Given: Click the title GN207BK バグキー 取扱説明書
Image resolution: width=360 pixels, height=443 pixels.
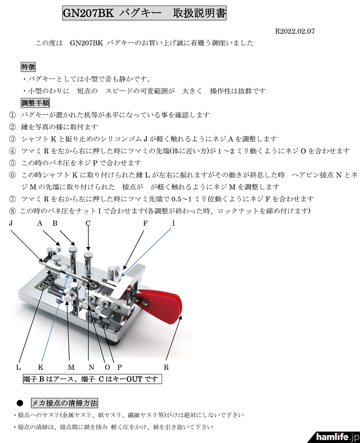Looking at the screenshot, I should [x=144, y=13].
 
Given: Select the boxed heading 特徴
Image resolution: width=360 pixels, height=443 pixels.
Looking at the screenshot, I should [x=28, y=67].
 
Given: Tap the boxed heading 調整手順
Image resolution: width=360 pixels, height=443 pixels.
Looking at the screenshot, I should [x=35, y=103].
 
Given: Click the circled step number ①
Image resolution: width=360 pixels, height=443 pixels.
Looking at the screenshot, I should [x=13, y=115].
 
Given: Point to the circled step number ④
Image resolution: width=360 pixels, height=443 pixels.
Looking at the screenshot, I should [x=13, y=151].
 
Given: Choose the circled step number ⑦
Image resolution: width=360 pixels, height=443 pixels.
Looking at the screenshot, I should [x=13, y=199].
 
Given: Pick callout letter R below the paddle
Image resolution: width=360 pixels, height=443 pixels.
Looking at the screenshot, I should [x=166, y=366].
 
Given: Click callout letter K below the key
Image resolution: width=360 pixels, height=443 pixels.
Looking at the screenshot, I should [x=41, y=366].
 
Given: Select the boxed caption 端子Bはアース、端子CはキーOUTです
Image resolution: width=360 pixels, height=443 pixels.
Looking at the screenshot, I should [x=92, y=379].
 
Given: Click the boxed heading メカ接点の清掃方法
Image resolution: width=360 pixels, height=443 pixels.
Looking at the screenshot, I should [x=65, y=402].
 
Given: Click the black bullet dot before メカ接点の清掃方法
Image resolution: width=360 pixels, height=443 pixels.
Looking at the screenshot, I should [x=19, y=402].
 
